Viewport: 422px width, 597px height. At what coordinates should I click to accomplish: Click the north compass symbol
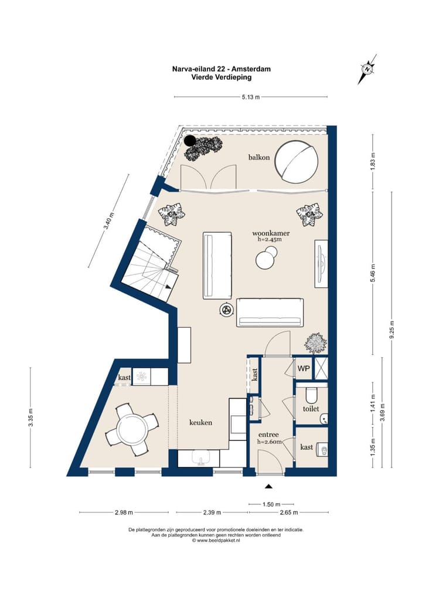(367, 69)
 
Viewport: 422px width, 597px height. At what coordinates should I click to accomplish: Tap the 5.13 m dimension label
(251, 97)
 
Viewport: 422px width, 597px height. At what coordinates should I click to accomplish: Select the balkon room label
(259, 157)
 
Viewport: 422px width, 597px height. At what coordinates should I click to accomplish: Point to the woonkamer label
(271, 233)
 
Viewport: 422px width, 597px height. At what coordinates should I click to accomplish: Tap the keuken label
(201, 422)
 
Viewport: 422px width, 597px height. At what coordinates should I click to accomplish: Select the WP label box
(304, 368)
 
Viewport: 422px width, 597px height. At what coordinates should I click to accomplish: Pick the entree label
(268, 435)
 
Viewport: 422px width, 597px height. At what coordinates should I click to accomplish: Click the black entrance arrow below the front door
(269, 486)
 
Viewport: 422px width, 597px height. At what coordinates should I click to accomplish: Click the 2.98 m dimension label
(124, 513)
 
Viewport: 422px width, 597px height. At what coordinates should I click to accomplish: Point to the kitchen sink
(201, 457)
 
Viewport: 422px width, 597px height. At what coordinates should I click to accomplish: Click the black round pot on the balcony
(190, 141)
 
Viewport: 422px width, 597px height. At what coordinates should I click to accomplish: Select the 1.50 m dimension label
(271, 505)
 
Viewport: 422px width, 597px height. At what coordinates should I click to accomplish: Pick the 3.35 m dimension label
(31, 418)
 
